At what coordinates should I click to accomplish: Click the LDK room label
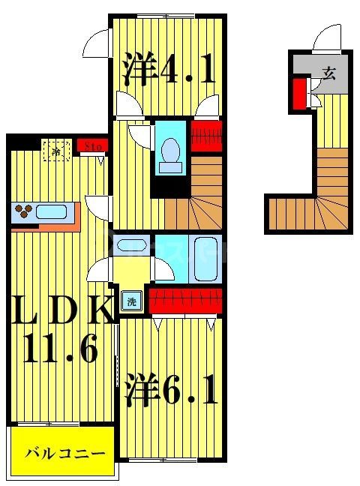61,310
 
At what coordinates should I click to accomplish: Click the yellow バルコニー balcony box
63,453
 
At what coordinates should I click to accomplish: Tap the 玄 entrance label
328,72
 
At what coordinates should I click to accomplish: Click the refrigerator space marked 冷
56,150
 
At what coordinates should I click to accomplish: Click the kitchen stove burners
24,211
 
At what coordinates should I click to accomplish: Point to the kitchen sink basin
51,211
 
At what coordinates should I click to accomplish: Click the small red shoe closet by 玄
299,94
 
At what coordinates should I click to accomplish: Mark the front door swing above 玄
328,38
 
